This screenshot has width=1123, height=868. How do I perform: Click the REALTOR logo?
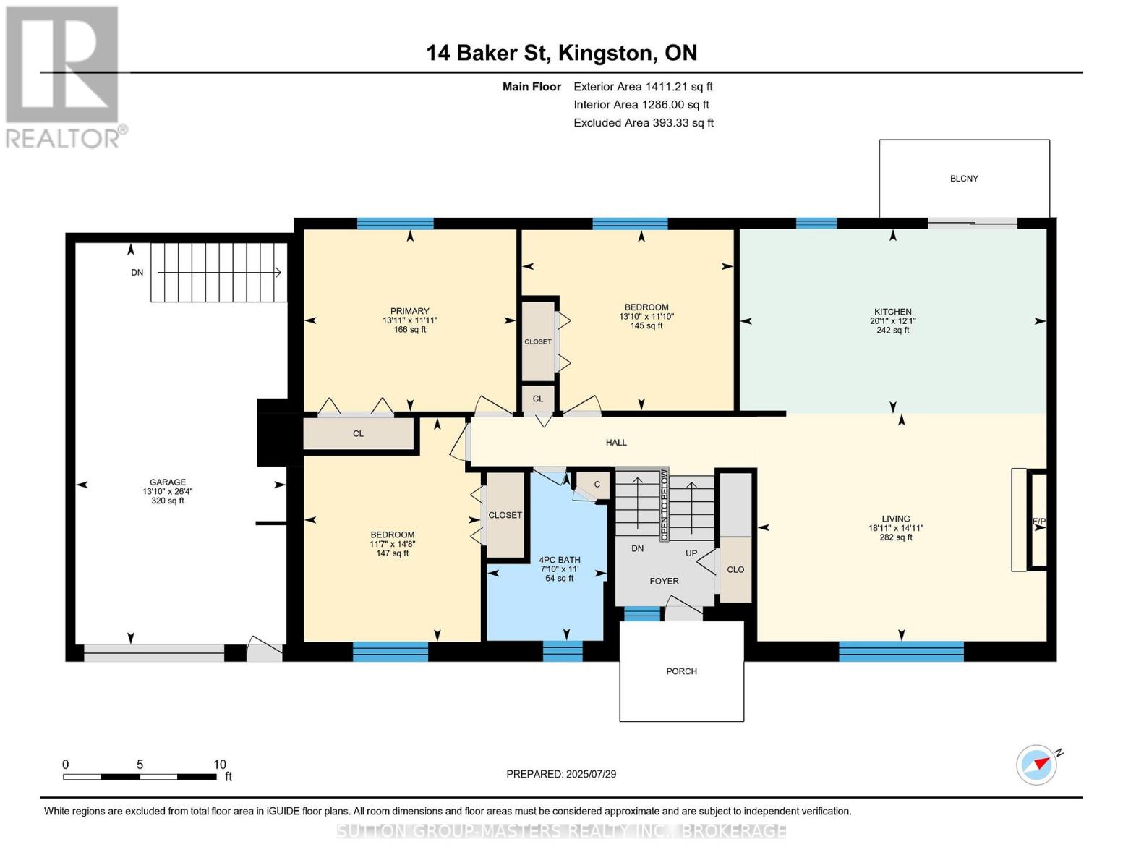(64, 76)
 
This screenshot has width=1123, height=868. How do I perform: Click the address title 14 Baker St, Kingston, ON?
(561, 53)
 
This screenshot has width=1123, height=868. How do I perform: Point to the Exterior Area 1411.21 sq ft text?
(643, 87)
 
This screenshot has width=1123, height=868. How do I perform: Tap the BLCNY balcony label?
(964, 179)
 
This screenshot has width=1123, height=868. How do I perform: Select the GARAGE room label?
(168, 482)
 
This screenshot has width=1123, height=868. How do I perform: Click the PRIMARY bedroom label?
(410, 312)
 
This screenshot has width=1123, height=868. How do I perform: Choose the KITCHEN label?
(892, 312)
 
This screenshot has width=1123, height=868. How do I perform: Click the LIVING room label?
(895, 519)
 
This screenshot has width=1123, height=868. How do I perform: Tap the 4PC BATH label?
(560, 560)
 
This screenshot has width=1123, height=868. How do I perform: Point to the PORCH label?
(681, 671)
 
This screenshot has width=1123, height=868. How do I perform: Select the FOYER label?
(664, 581)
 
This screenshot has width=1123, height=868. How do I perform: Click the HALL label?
(616, 443)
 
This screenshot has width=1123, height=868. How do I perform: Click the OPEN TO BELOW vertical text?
(663, 505)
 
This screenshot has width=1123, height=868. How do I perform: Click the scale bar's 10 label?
(220, 765)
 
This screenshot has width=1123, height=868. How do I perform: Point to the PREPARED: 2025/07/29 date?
(561, 774)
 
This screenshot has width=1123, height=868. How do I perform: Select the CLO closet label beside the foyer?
(735, 570)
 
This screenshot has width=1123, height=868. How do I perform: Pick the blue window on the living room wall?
(901, 651)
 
